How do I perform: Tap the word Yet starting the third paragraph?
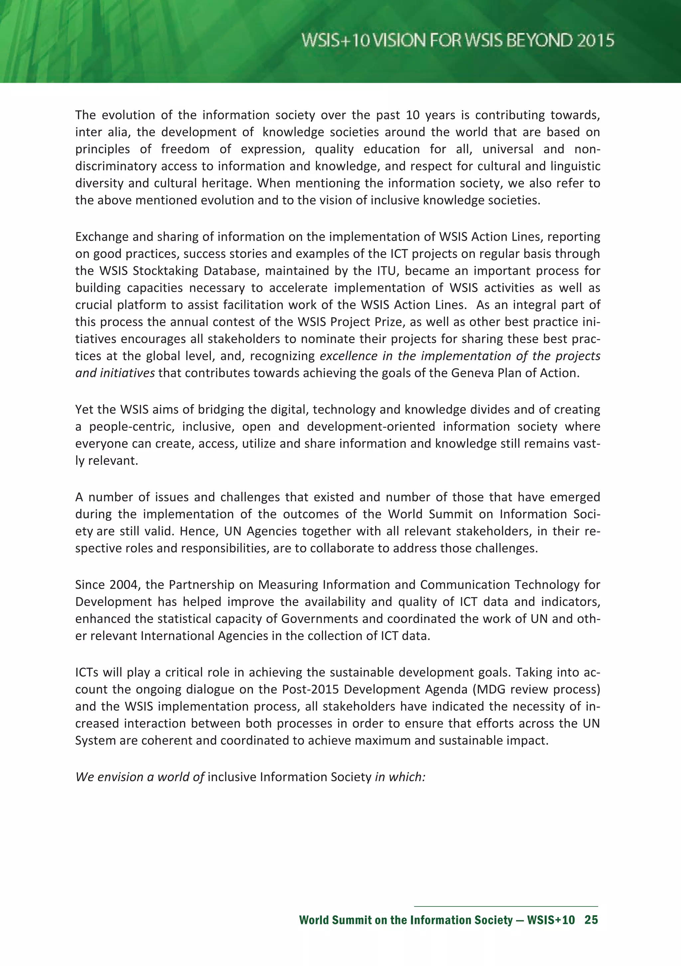[84, 410]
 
